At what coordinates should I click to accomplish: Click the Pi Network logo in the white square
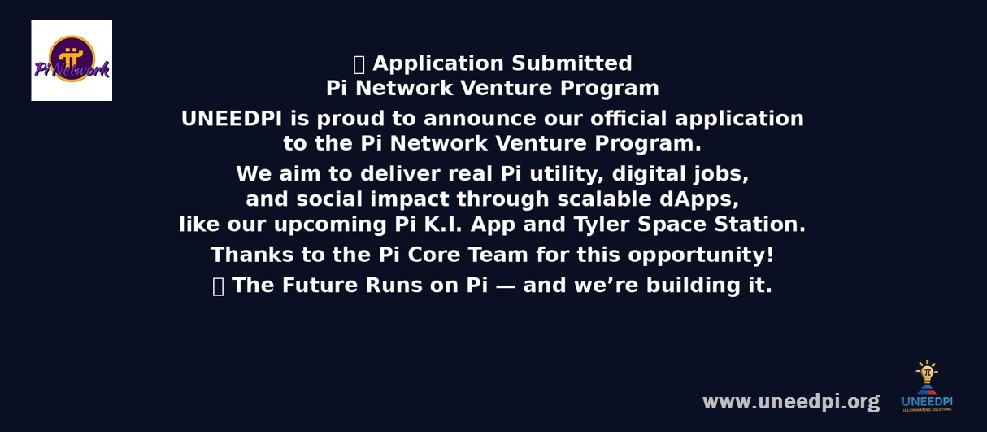(72, 60)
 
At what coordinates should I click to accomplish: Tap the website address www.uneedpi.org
(791, 402)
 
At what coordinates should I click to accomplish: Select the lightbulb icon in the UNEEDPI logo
(927, 373)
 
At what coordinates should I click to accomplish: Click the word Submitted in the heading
(572, 63)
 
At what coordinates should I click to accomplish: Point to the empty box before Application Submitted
(359, 64)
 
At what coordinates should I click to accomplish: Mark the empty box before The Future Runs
(218, 286)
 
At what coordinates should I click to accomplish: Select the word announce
(480, 119)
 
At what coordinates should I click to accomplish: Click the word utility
(567, 174)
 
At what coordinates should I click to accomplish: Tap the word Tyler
(602, 225)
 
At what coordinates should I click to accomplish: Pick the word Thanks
(252, 255)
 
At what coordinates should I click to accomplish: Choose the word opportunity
(701, 255)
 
